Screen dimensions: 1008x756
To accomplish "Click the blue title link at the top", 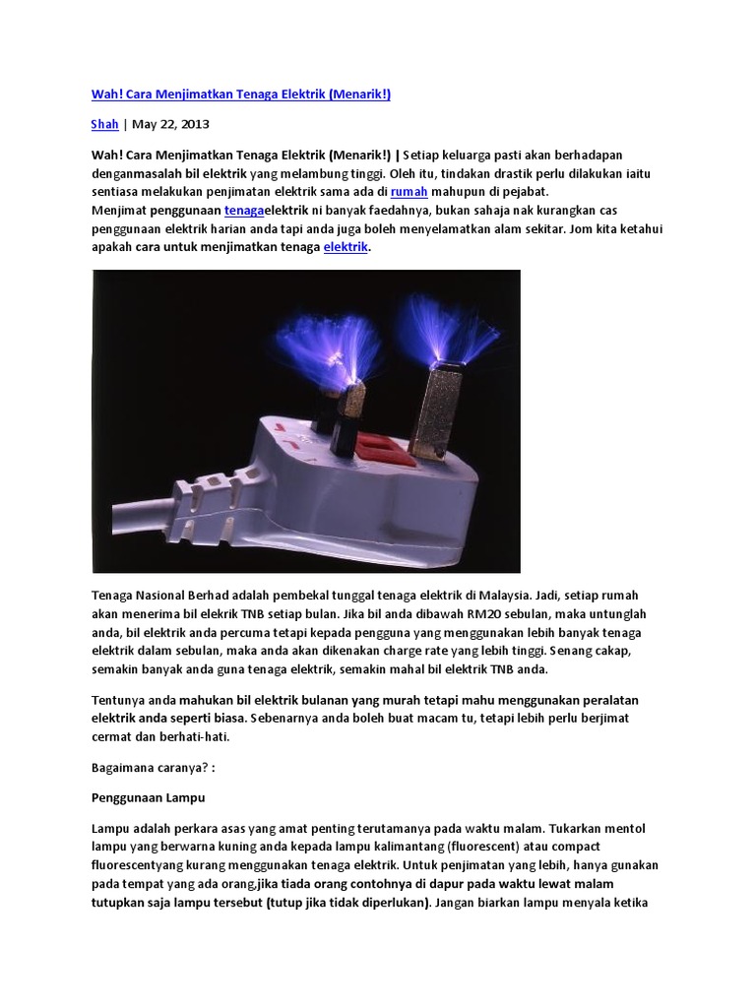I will pyautogui.click(x=241, y=94).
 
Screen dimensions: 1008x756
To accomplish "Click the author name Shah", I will pyautogui.click(x=104, y=125).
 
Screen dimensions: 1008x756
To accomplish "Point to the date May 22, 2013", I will pyautogui.click(x=170, y=125).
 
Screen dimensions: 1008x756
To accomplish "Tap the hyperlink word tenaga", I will pyautogui.click(x=243, y=212).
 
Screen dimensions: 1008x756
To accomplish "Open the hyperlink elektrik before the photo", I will pyautogui.click(x=346, y=248).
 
